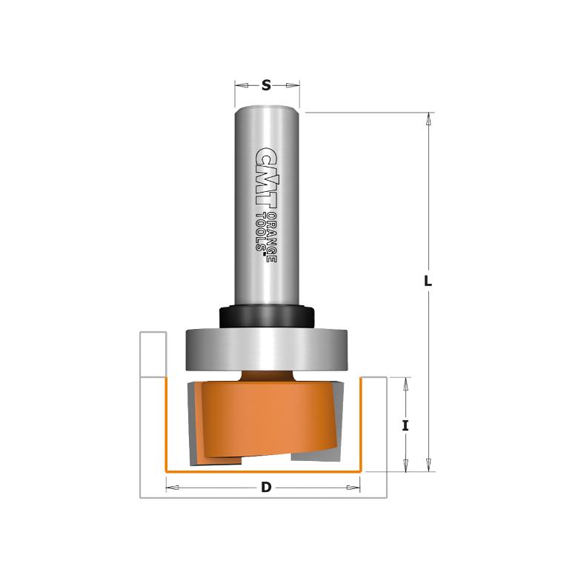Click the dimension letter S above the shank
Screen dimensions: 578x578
(x=266, y=85)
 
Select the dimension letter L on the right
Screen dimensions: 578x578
(x=428, y=282)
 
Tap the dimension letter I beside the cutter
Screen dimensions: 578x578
(x=405, y=426)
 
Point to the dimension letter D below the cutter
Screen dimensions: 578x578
(x=266, y=488)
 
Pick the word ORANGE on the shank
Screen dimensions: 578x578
(x=272, y=238)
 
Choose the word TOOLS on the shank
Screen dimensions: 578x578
(x=261, y=231)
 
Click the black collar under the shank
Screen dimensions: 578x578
(x=267, y=316)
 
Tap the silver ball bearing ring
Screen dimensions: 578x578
(x=267, y=349)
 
